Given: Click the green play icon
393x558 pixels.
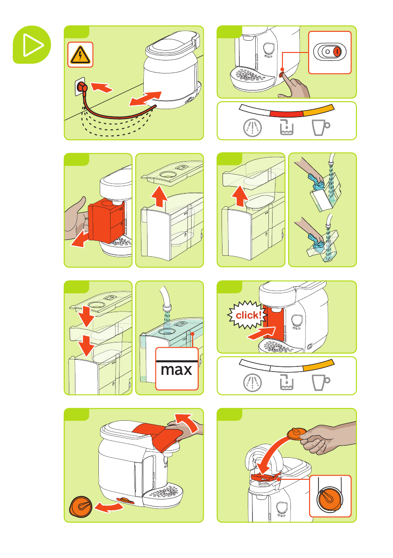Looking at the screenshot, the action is point(32,45).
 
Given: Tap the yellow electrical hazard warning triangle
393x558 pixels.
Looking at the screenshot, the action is point(81,55).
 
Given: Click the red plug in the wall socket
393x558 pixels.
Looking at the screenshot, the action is point(82,87).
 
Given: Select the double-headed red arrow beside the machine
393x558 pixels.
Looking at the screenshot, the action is point(145,98).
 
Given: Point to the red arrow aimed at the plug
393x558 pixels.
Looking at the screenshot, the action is point(102,87).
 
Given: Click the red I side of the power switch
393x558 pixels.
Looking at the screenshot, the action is point(337,52).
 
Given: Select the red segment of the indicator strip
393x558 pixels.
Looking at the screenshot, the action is point(286,114).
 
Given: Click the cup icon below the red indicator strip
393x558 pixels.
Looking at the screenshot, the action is point(320,127).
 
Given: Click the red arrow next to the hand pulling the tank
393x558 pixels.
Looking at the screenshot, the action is point(80,239).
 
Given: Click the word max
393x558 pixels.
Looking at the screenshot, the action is point(177,370).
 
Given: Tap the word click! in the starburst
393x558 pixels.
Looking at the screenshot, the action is point(249,315).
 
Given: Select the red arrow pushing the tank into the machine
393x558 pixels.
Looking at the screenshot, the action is point(261,334).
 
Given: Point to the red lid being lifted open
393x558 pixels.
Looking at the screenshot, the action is point(158,436).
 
